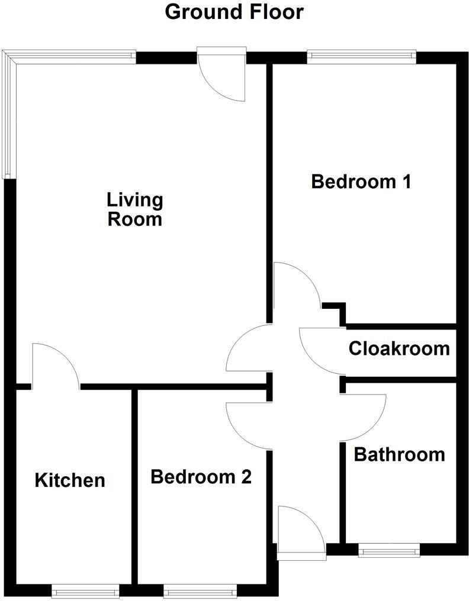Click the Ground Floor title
coord(234,11)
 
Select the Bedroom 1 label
coord(361,181)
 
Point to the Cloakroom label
coord(399,348)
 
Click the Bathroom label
coord(399,454)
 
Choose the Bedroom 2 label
coord(201,476)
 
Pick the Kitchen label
coord(70,480)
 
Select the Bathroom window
coord(389,551)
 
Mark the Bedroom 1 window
coord(361,57)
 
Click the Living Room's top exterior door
coord(222,77)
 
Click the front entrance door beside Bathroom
coord(301,532)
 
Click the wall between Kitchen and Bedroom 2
coord(134,485)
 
